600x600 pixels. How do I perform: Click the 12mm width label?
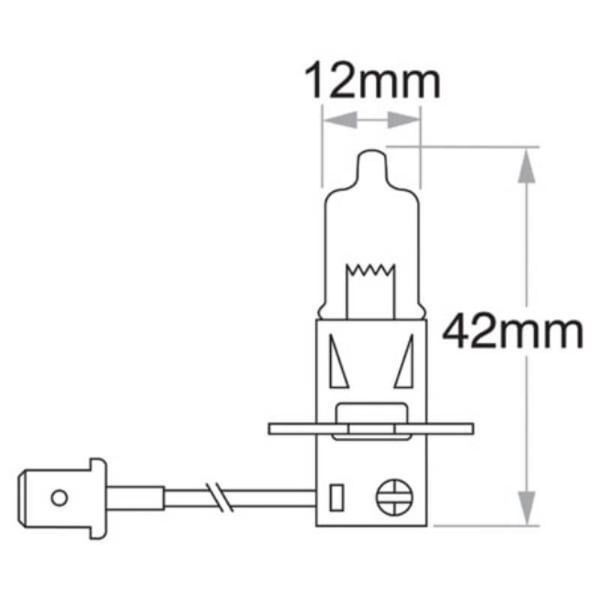(371, 83)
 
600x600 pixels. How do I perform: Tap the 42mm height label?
(512, 332)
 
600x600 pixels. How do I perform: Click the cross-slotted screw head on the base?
(394, 496)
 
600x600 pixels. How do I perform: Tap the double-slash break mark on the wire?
(220, 496)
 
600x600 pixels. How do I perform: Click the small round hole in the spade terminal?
(58, 496)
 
